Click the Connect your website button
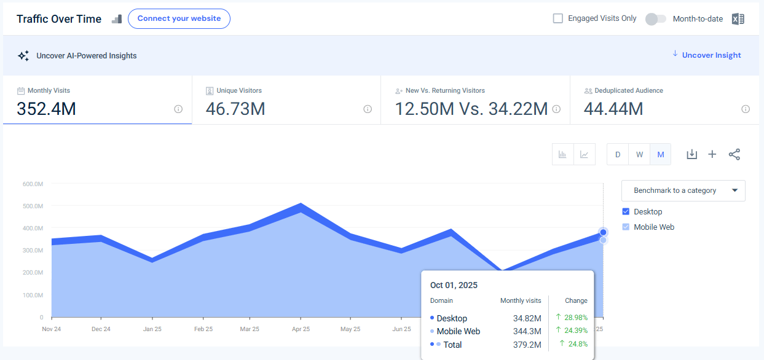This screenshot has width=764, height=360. [x=179, y=18]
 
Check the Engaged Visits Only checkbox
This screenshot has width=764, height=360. [x=558, y=18]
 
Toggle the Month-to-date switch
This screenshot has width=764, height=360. [x=655, y=19]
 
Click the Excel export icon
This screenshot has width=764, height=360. [x=738, y=19]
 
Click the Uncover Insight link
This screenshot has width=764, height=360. [x=711, y=55]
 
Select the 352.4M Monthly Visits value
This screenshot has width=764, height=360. [x=47, y=109]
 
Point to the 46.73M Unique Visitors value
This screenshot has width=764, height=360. [x=235, y=109]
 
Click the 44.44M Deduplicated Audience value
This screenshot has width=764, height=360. [x=613, y=109]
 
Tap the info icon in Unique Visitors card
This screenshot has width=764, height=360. [x=368, y=109]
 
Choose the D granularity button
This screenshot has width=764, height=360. [x=618, y=154]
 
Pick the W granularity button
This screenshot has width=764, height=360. [x=639, y=154]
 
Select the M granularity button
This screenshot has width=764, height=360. [x=661, y=154]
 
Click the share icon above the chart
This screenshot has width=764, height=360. [x=734, y=154]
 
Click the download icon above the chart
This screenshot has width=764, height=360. [x=691, y=154]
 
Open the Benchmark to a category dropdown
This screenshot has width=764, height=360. [x=683, y=190]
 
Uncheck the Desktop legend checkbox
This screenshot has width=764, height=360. [x=626, y=211]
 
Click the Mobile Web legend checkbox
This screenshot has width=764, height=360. [x=626, y=227]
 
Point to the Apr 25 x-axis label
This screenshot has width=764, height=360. [x=300, y=329]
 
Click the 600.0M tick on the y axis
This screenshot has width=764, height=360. [x=33, y=184]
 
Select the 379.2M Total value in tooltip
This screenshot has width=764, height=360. [x=528, y=345]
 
